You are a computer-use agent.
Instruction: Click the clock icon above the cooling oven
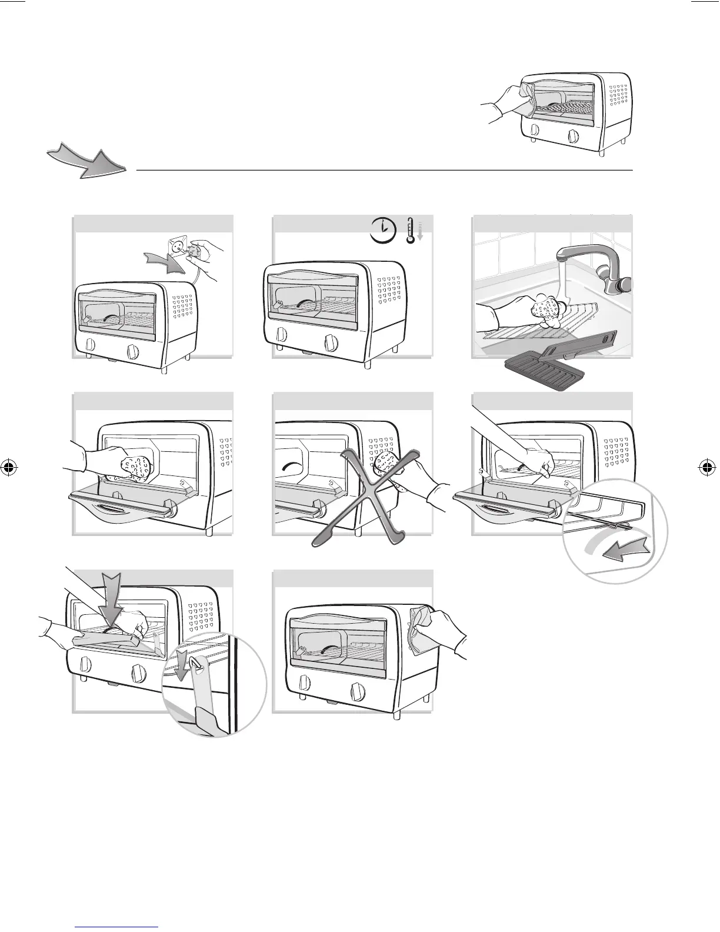coord(383,229)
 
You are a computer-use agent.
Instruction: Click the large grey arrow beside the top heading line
coord(88,162)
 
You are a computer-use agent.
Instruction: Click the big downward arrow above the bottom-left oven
coord(110,597)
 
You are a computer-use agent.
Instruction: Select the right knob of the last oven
coord(356,690)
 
